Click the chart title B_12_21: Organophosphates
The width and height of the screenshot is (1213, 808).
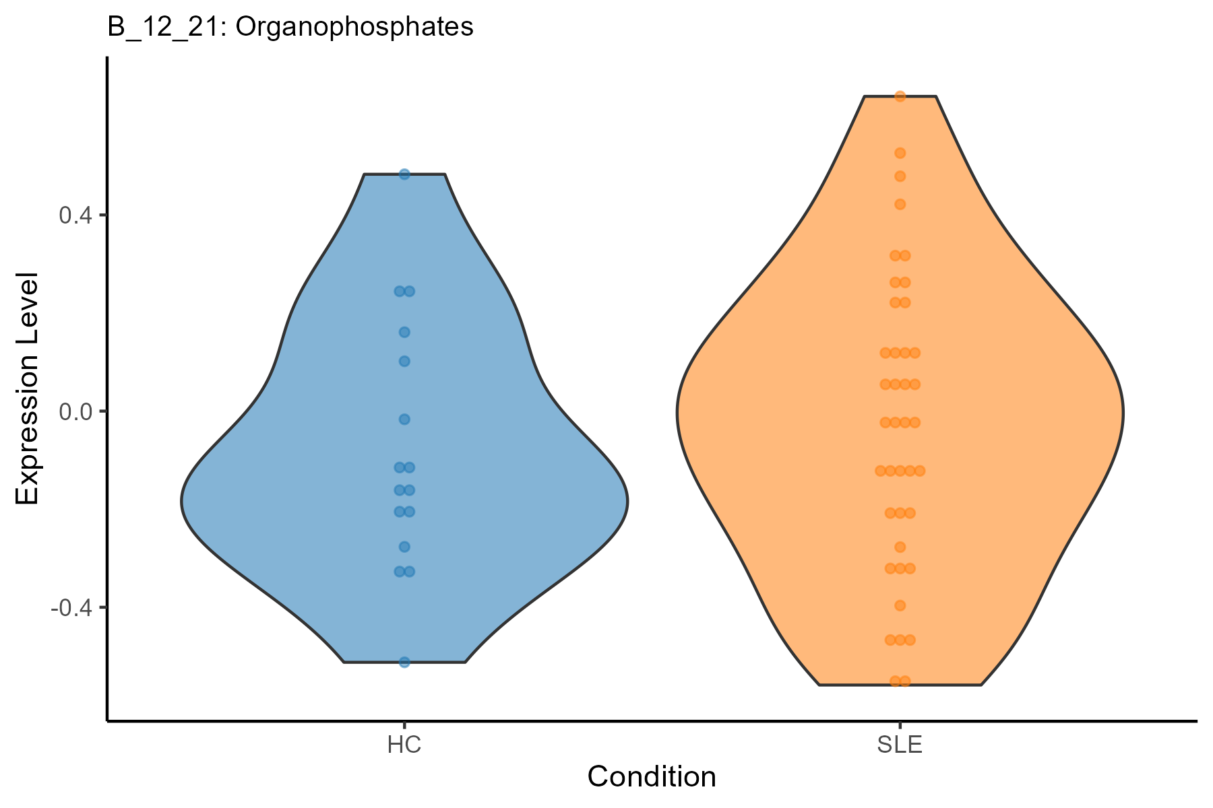290,27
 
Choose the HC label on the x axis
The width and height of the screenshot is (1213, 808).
404,746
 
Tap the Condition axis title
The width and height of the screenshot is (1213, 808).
652,777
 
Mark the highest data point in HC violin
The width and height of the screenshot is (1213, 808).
404,174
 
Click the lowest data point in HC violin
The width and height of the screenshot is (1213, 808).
404,662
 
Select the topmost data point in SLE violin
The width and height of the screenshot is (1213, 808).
900,96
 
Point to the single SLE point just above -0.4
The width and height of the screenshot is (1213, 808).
900,605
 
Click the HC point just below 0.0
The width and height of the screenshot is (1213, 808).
404,419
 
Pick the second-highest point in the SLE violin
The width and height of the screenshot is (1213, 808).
900,154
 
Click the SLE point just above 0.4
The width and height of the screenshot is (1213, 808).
900,204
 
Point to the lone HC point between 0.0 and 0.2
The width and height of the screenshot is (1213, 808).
404,361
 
